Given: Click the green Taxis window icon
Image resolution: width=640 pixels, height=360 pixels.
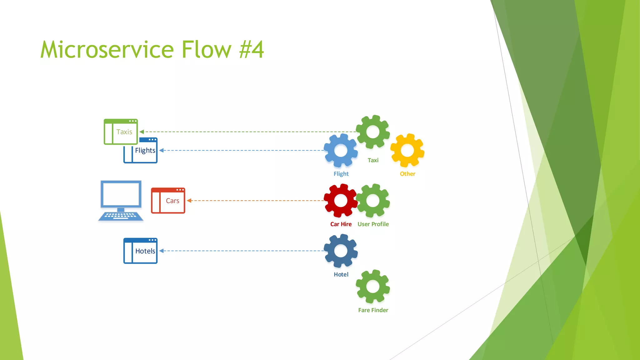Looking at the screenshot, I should point(121,132).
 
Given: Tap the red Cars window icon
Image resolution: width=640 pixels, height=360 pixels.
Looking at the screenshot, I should point(168,201).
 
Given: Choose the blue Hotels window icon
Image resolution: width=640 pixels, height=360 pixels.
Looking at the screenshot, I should point(140,251).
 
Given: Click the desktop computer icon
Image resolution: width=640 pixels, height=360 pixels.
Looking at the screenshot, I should point(121,200).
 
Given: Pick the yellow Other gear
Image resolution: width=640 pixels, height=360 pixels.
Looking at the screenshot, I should point(407,150).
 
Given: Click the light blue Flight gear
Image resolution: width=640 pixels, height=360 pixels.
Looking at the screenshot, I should point(341,150).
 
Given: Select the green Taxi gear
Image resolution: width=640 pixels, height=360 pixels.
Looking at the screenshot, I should point(373,132).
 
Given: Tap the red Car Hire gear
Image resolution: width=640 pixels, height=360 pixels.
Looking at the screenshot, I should point(341,201).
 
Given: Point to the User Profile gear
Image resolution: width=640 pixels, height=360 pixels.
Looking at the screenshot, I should point(373,201).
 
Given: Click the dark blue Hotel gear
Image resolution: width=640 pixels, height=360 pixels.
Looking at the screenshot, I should point(341,251).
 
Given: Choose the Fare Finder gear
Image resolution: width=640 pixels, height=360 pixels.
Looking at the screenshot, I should point(373,287).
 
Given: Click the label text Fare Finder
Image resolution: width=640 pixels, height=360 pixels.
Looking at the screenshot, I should point(373,310).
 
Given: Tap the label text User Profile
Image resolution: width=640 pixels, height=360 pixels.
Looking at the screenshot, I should point(373,224).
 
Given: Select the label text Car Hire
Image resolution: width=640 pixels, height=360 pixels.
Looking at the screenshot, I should point(341,224).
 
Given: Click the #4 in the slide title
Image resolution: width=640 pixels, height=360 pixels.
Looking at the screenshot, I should point(252,50).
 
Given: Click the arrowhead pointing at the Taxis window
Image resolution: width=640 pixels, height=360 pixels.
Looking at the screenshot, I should point(142,132).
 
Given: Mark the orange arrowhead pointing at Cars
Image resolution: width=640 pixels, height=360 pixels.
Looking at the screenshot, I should point(189,201).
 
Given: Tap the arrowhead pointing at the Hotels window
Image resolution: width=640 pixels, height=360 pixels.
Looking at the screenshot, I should point(162,251).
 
